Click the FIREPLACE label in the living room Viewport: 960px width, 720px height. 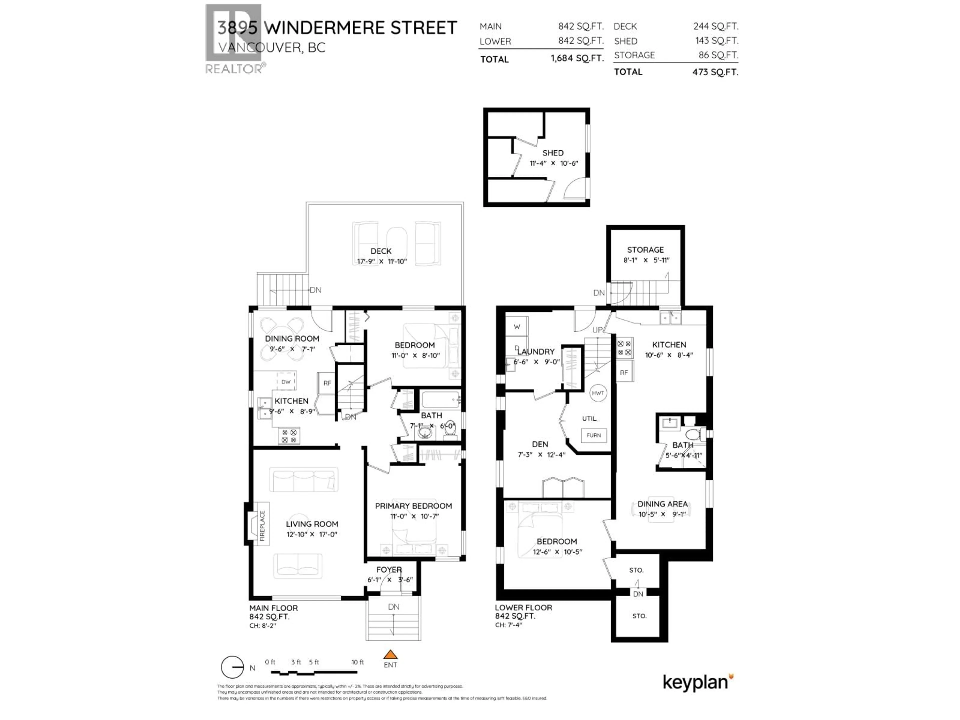[262, 525]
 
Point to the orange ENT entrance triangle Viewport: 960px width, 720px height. [390, 654]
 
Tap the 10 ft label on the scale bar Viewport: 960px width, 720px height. [357, 662]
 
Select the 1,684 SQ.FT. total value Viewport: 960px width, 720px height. [577, 58]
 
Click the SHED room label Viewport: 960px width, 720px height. [553, 153]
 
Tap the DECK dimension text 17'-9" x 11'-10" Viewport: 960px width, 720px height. [381, 261]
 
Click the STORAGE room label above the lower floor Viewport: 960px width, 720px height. [645, 249]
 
